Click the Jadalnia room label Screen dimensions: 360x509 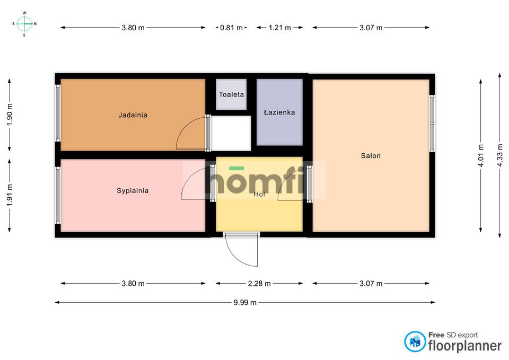(133, 115)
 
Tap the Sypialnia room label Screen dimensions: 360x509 (133, 190)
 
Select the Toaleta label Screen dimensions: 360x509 (231, 94)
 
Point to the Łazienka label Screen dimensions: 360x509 (279, 112)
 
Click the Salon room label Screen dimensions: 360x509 (371, 156)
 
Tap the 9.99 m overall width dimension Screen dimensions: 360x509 (245, 303)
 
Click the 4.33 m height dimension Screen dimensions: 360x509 (499, 155)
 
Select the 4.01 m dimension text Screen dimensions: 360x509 (481, 155)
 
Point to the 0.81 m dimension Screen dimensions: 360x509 (231, 28)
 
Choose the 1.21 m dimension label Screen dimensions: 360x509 (279, 28)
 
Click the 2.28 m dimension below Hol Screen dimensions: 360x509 (259, 284)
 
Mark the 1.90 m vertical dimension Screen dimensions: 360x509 (9, 114)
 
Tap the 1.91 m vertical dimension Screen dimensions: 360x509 (9, 195)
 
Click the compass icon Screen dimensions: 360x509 (24, 23)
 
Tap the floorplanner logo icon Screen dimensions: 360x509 (415, 341)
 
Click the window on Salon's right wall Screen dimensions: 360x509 (432, 123)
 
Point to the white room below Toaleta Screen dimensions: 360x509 (231, 133)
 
